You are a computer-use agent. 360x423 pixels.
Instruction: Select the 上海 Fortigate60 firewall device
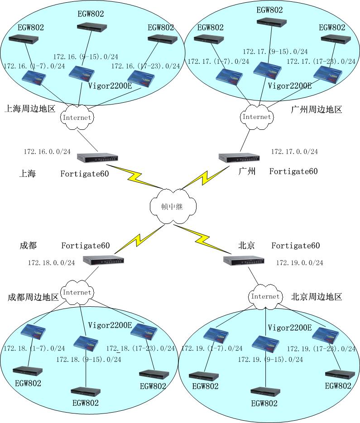97,158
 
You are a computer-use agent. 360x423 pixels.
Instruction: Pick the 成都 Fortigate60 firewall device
104,261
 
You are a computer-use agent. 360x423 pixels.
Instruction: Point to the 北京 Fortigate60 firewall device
244,261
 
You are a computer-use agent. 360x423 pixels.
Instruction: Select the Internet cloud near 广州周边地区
256,117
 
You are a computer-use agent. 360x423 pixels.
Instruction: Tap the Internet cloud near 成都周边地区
77,292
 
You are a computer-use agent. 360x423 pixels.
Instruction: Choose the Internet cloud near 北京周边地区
265,296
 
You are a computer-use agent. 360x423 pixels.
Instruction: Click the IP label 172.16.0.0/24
47,151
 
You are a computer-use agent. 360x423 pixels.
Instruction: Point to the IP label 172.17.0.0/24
294,152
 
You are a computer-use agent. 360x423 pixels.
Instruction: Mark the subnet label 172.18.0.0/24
52,262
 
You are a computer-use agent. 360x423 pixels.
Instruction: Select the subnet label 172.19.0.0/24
300,262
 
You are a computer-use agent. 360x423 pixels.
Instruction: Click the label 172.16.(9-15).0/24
86,57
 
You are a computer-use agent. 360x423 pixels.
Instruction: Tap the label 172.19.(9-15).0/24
271,359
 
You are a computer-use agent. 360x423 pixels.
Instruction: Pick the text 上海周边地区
29,109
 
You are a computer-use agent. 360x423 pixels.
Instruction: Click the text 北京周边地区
317,297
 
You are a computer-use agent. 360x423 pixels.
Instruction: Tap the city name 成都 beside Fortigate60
28,246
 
